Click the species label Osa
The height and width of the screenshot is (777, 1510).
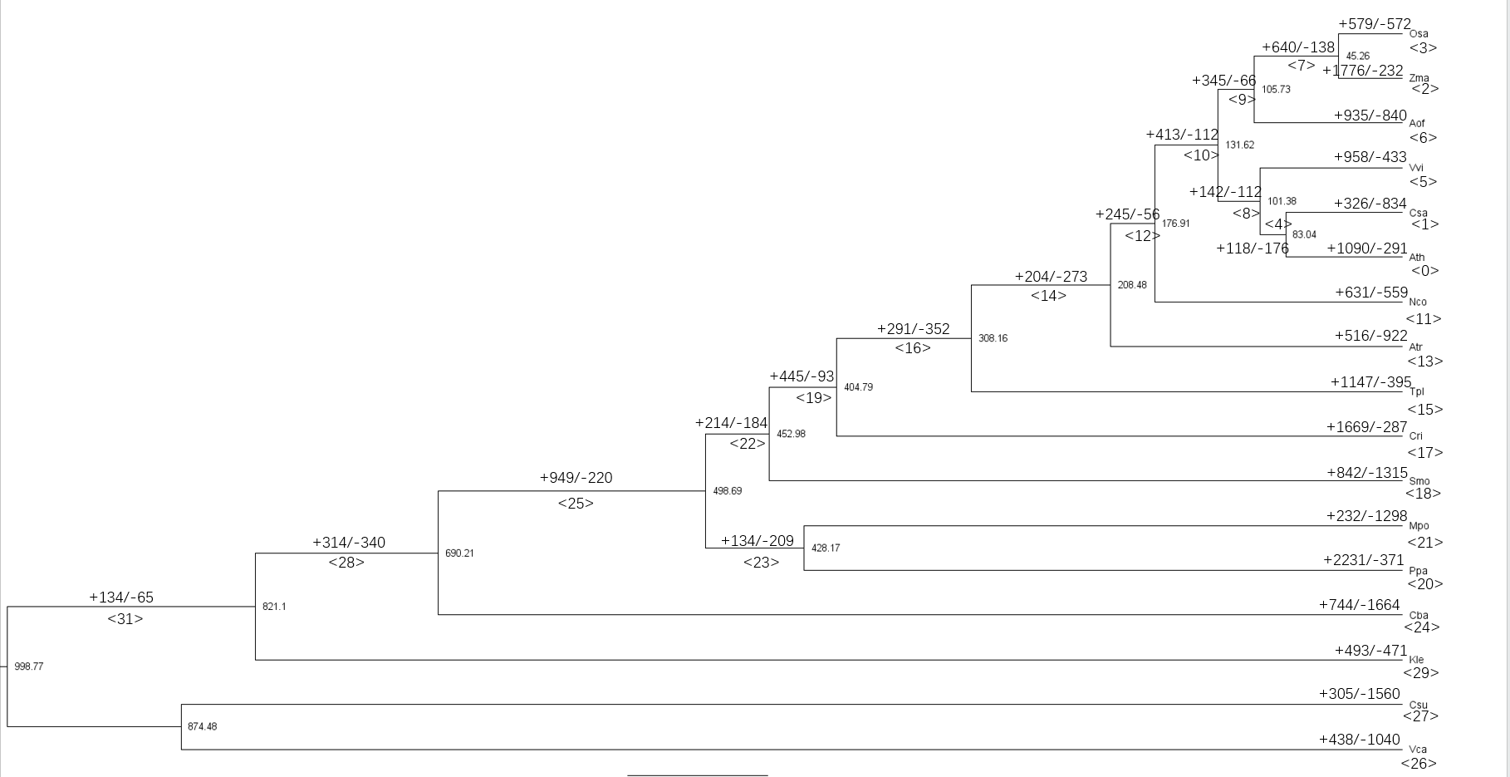[x=1419, y=34]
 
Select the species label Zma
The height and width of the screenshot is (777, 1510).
[x=1419, y=78]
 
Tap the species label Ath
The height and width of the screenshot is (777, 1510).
[x=1417, y=258]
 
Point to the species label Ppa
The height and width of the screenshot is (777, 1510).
[x=1418, y=571]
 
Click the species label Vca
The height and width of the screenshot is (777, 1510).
[x=1418, y=750]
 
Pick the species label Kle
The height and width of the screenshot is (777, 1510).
[x=1417, y=660]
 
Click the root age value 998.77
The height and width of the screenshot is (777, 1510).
[x=29, y=666]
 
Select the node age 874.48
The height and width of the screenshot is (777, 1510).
[x=202, y=726]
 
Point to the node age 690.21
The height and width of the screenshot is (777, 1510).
[x=459, y=553]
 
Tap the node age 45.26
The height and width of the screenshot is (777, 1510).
[x=1357, y=57]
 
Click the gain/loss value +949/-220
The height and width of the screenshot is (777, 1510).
[x=576, y=478]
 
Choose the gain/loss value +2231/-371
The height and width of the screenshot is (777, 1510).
[x=1363, y=560]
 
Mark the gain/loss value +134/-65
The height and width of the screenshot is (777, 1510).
[x=121, y=598]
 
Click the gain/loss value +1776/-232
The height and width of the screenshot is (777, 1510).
[x=1363, y=71]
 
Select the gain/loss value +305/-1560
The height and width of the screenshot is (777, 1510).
[x=1359, y=694]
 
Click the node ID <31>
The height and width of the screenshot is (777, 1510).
[x=125, y=619]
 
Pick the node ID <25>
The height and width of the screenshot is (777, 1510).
[x=576, y=504]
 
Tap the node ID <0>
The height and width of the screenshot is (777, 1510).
[x=1424, y=271]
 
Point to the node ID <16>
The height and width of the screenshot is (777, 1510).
[x=913, y=348]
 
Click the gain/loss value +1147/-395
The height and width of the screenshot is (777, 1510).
[x=1370, y=382]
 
